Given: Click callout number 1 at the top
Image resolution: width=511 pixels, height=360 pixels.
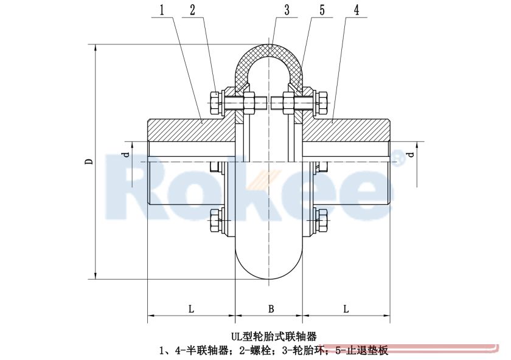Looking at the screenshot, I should pos(161,10).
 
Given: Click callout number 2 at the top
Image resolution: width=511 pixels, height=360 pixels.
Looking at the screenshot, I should pos(192,10).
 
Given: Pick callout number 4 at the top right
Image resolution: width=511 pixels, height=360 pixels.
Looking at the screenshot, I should pos(355,10).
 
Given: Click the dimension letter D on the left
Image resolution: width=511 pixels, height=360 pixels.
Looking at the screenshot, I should pos(89,162).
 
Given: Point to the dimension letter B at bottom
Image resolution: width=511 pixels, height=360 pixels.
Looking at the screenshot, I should pos(271,309).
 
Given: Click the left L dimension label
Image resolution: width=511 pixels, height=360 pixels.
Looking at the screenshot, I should pos(190,309).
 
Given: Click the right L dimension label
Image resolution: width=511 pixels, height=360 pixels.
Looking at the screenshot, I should pos(346,309).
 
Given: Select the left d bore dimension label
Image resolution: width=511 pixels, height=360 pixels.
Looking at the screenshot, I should pos(126,154).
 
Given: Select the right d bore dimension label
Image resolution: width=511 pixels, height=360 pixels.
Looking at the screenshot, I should pos(412,154).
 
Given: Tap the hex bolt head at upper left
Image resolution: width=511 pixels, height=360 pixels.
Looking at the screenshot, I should pos(215,103).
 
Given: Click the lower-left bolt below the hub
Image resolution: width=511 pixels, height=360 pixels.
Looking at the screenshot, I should pos(215,221).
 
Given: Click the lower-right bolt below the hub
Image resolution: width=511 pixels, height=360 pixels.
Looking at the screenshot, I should pos(322,221).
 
